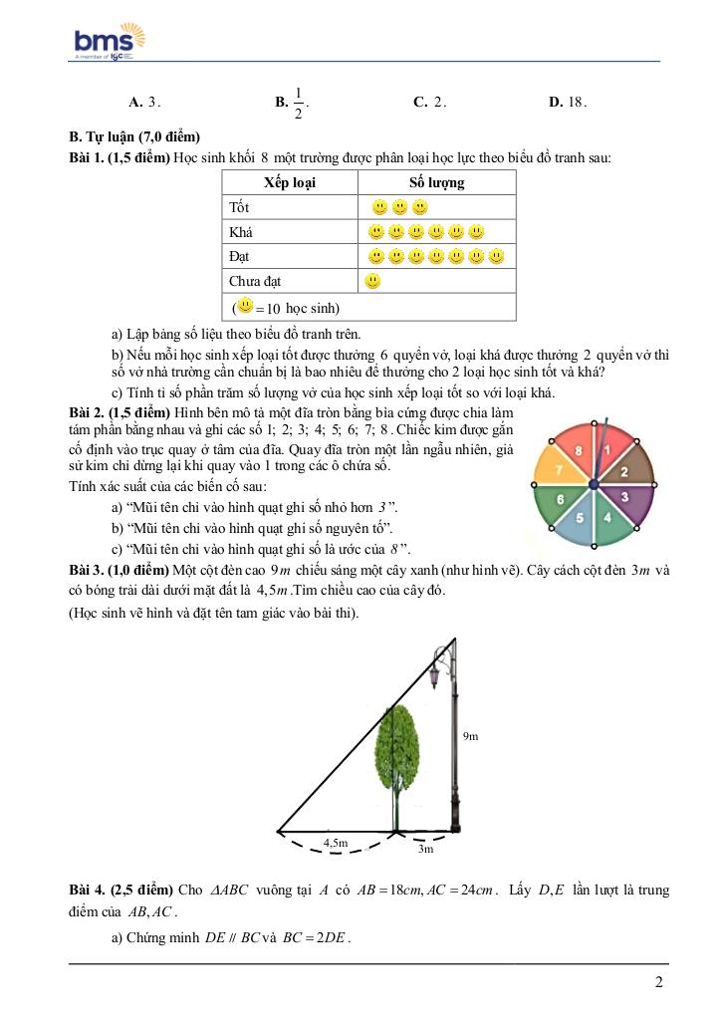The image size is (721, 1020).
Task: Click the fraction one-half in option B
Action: tap(298, 102)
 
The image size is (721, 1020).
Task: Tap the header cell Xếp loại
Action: tap(290, 182)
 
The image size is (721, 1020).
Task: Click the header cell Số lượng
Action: tap(436, 182)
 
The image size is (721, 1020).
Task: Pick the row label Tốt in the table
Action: tap(239, 207)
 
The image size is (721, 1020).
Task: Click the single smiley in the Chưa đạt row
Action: tap(373, 282)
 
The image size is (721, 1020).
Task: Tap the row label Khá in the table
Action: tap(241, 232)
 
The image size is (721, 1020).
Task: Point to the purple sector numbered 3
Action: tap(624, 495)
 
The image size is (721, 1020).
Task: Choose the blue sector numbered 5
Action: tap(579, 519)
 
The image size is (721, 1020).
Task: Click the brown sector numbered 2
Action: tap(625, 470)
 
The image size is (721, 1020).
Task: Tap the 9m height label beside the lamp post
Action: tap(470, 736)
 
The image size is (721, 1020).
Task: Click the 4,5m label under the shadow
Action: tap(336, 843)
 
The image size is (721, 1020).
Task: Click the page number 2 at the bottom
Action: tap(659, 982)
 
